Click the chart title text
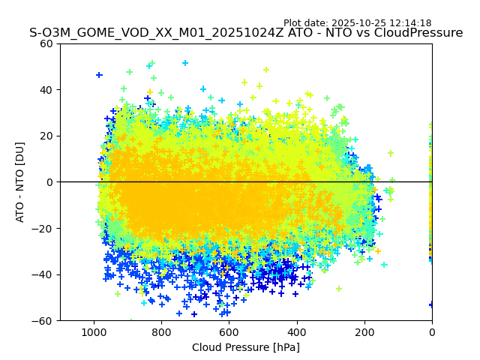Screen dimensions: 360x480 246,33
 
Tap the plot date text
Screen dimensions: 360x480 357,23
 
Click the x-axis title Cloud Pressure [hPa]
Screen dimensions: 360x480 246,347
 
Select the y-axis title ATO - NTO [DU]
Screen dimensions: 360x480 20,182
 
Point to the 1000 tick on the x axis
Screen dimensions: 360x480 94,331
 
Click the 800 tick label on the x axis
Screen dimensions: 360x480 161,331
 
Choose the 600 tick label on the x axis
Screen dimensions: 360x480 229,331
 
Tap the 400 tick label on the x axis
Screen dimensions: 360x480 296,331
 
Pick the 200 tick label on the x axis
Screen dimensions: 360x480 364,331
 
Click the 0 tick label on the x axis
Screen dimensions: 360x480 432,331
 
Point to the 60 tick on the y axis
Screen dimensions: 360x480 46,43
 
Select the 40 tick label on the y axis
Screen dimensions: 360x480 46,90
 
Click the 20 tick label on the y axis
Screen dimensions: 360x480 46,136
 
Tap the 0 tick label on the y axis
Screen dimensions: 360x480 49,182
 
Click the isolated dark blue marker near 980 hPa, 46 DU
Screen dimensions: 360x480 99,75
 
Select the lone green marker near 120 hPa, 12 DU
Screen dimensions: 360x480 391,153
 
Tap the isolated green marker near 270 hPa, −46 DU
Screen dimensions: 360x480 339,289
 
